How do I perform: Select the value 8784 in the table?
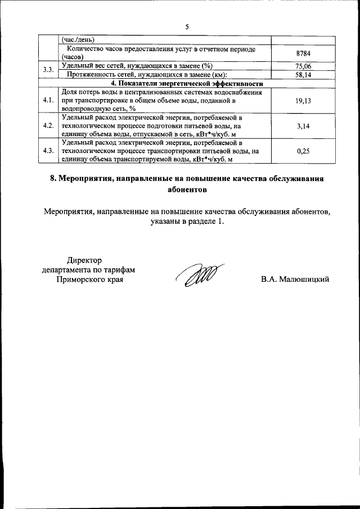[303, 54]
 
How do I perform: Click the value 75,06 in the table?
[303, 66]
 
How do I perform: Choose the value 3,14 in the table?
[303, 127]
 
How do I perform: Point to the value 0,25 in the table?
[303, 151]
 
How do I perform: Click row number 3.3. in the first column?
[48, 70]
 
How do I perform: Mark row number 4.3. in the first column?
[48, 151]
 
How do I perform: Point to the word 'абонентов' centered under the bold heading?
[187, 190]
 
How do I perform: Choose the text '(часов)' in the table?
[72, 58]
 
